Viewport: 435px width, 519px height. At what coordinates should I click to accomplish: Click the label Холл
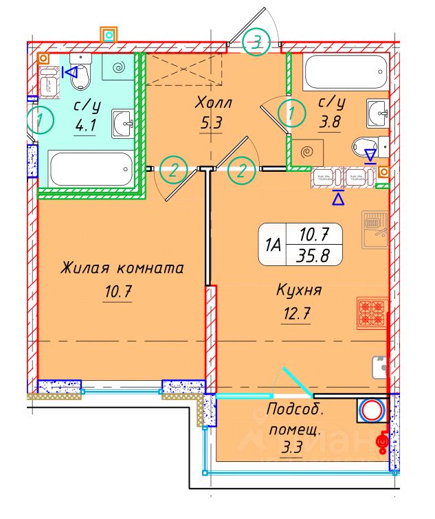(x=214, y=103)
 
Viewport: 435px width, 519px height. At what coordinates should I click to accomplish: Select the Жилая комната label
(x=122, y=268)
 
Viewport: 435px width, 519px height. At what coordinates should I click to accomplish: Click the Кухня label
(x=299, y=291)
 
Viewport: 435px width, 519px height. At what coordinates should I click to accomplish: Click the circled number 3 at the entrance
(x=256, y=43)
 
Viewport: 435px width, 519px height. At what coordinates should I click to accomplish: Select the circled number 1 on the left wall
(x=42, y=122)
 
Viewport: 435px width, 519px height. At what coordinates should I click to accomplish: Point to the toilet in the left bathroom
(x=80, y=76)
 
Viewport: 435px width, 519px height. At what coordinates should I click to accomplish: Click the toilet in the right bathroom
(x=364, y=146)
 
